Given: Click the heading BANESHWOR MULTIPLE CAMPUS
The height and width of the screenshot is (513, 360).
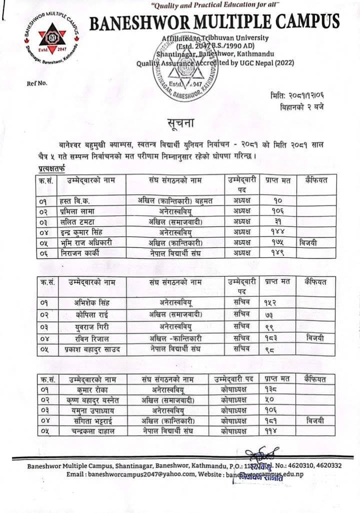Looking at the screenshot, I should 214,22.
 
